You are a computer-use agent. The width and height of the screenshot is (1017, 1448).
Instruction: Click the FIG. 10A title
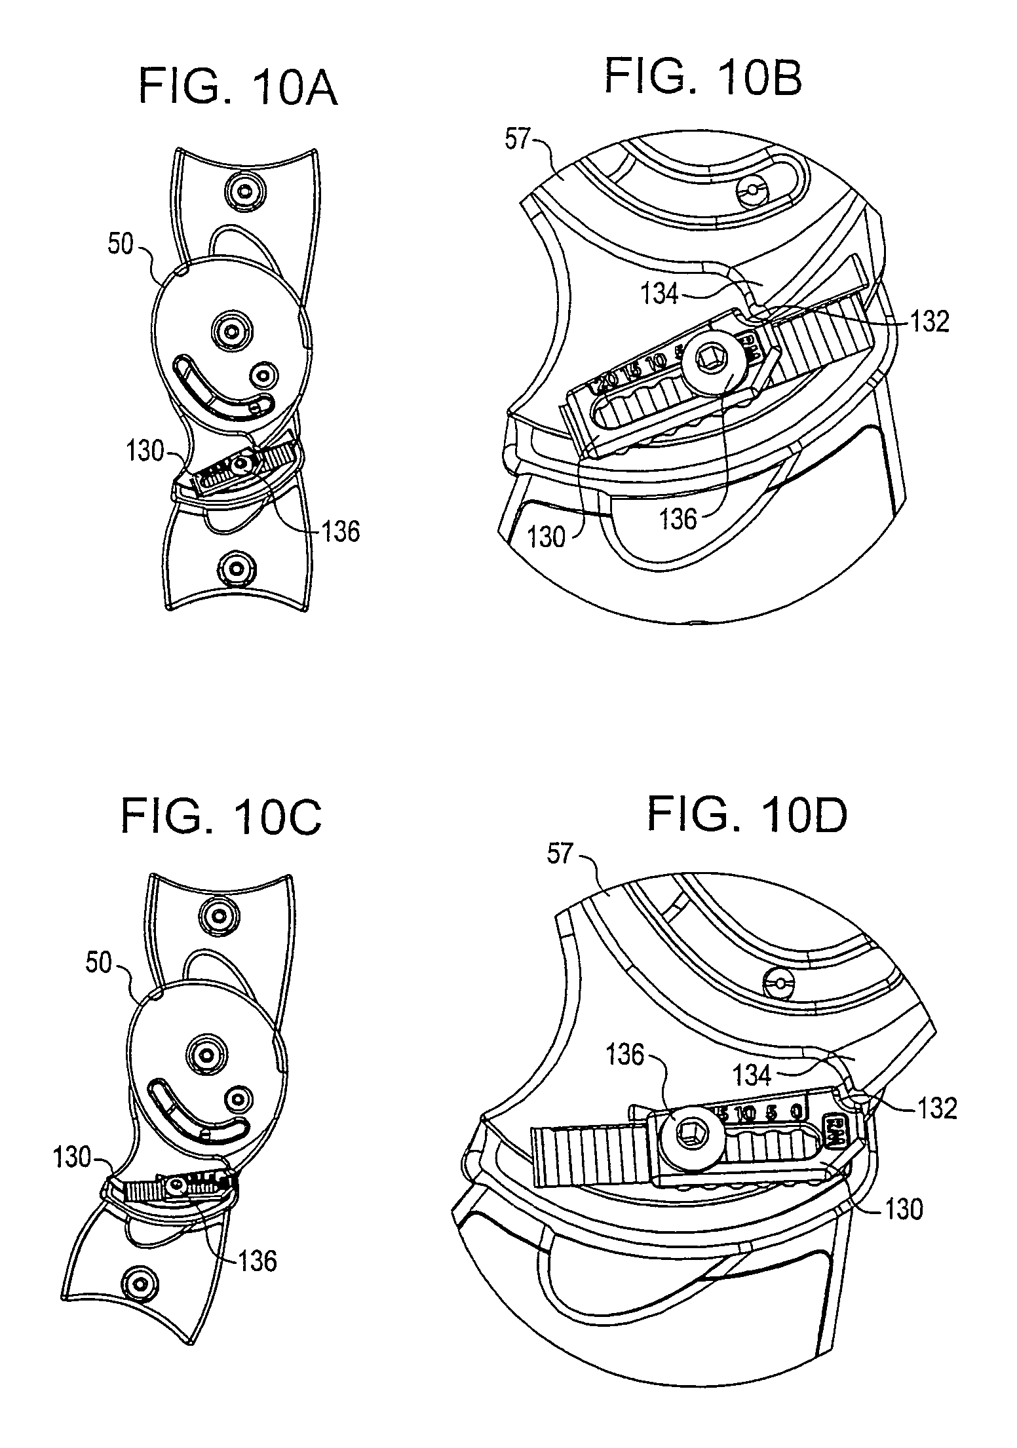point(238,90)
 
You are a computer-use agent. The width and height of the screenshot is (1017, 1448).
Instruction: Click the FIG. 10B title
point(702,77)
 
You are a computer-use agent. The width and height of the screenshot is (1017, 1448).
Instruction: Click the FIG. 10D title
point(747,816)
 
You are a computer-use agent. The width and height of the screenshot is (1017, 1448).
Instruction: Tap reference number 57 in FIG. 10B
point(516,140)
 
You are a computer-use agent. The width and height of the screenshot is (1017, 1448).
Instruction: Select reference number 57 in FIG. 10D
point(558,854)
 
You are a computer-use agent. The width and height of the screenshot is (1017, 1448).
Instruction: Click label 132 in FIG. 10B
point(929,321)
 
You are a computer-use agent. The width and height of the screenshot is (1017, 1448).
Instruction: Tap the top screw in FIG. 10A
point(245,191)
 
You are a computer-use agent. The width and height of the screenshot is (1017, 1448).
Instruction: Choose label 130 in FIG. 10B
point(545,537)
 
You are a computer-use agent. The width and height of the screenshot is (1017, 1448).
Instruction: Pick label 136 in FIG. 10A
point(340,531)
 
